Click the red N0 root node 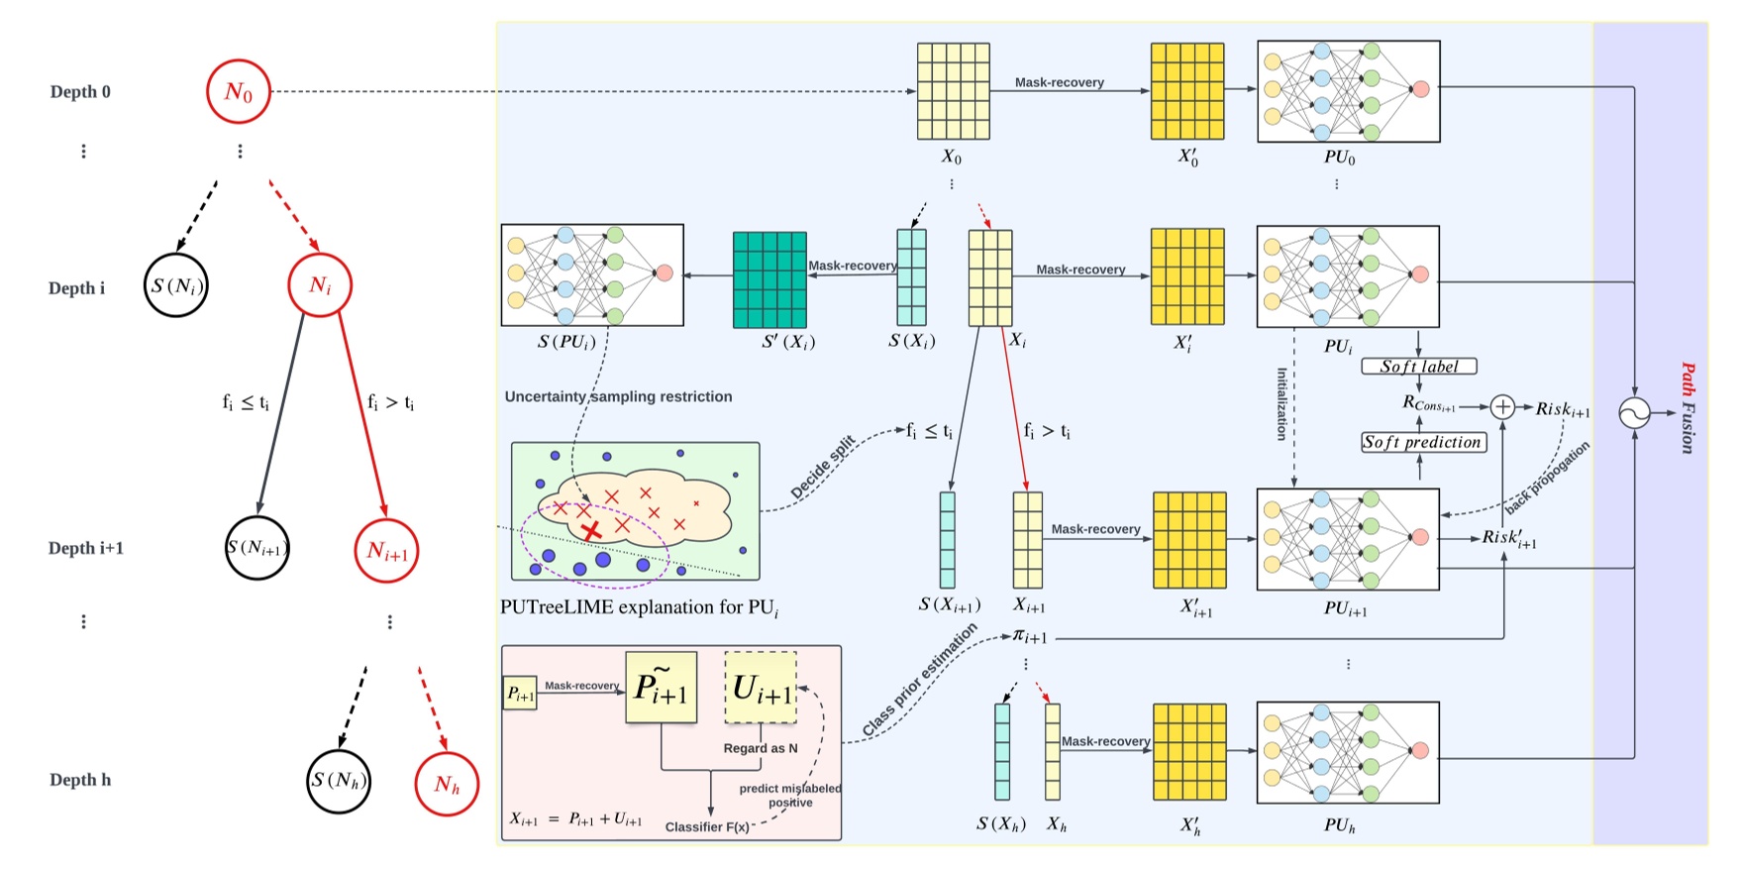[238, 92]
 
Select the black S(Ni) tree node [176, 286]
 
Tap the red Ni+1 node [386, 551]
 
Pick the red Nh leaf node [447, 785]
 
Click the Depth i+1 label [86, 548]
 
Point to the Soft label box [1419, 367]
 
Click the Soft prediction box [1423, 443]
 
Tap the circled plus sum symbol [1502, 406]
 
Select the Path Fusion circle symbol [1634, 412]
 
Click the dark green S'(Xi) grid [769, 279]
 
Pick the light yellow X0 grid [953, 91]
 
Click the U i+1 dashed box [761, 689]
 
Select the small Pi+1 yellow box [520, 694]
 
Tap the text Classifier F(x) [706, 826]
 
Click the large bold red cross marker [591, 532]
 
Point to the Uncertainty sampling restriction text [618, 396]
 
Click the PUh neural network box [1347, 752]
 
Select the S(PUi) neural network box [591, 274]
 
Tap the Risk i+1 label [1563, 409]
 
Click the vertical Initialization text [1280, 404]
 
